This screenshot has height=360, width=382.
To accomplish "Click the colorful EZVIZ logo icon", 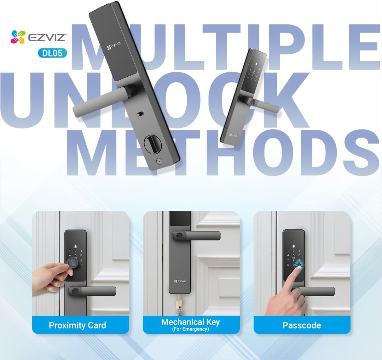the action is (18, 37).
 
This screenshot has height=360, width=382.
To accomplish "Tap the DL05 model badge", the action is (52, 53).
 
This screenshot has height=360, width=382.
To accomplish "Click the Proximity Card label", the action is (77, 325).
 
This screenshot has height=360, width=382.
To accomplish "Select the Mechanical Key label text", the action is (191, 322).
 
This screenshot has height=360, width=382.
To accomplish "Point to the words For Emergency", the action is (191, 329).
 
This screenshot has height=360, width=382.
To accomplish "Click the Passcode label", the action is (302, 325).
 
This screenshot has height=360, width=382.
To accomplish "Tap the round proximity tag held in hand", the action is (72, 263).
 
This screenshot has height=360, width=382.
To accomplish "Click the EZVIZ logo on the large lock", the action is (114, 46).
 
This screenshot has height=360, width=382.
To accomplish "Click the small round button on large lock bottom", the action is (159, 161).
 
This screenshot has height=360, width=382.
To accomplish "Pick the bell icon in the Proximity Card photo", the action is (76, 246).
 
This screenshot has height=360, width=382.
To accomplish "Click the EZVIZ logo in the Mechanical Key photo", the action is (180, 281).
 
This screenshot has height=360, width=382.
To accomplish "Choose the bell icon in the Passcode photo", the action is (294, 246).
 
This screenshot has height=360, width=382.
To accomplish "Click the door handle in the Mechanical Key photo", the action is (196, 236).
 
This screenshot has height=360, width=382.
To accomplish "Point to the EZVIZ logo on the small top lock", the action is (233, 135).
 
